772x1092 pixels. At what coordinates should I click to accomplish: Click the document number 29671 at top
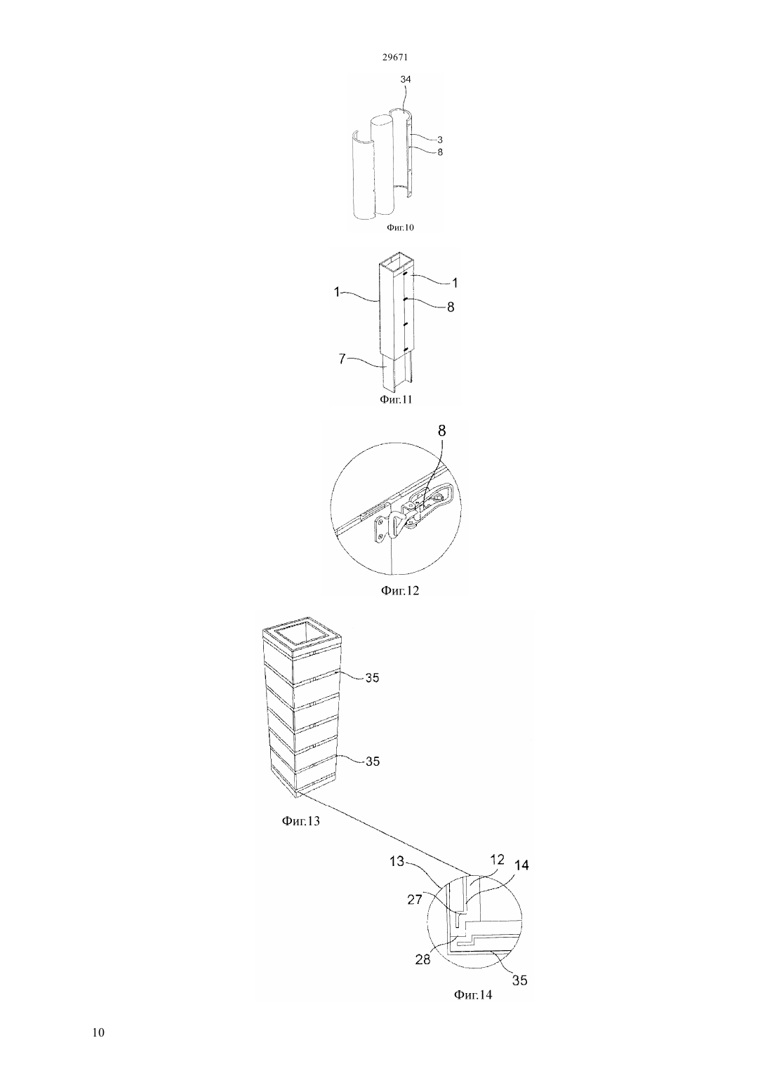[394, 57]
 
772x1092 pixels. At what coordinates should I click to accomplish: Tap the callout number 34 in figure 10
[406, 79]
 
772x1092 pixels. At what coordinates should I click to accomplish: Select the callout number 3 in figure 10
[440, 140]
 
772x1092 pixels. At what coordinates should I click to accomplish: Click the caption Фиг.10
[400, 227]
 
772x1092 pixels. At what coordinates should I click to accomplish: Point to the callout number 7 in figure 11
[342, 359]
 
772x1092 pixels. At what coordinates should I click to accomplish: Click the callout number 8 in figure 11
[451, 307]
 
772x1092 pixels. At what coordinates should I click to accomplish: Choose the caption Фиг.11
[396, 399]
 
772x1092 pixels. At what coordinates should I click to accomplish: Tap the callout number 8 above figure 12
[442, 431]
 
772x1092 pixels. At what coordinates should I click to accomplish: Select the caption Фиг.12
[399, 590]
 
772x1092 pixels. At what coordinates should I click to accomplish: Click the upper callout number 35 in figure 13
[372, 678]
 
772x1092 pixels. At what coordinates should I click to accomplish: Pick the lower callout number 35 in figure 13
[373, 761]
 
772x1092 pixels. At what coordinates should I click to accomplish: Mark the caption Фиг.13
[300, 821]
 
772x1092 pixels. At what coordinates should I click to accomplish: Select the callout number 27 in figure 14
[415, 898]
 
